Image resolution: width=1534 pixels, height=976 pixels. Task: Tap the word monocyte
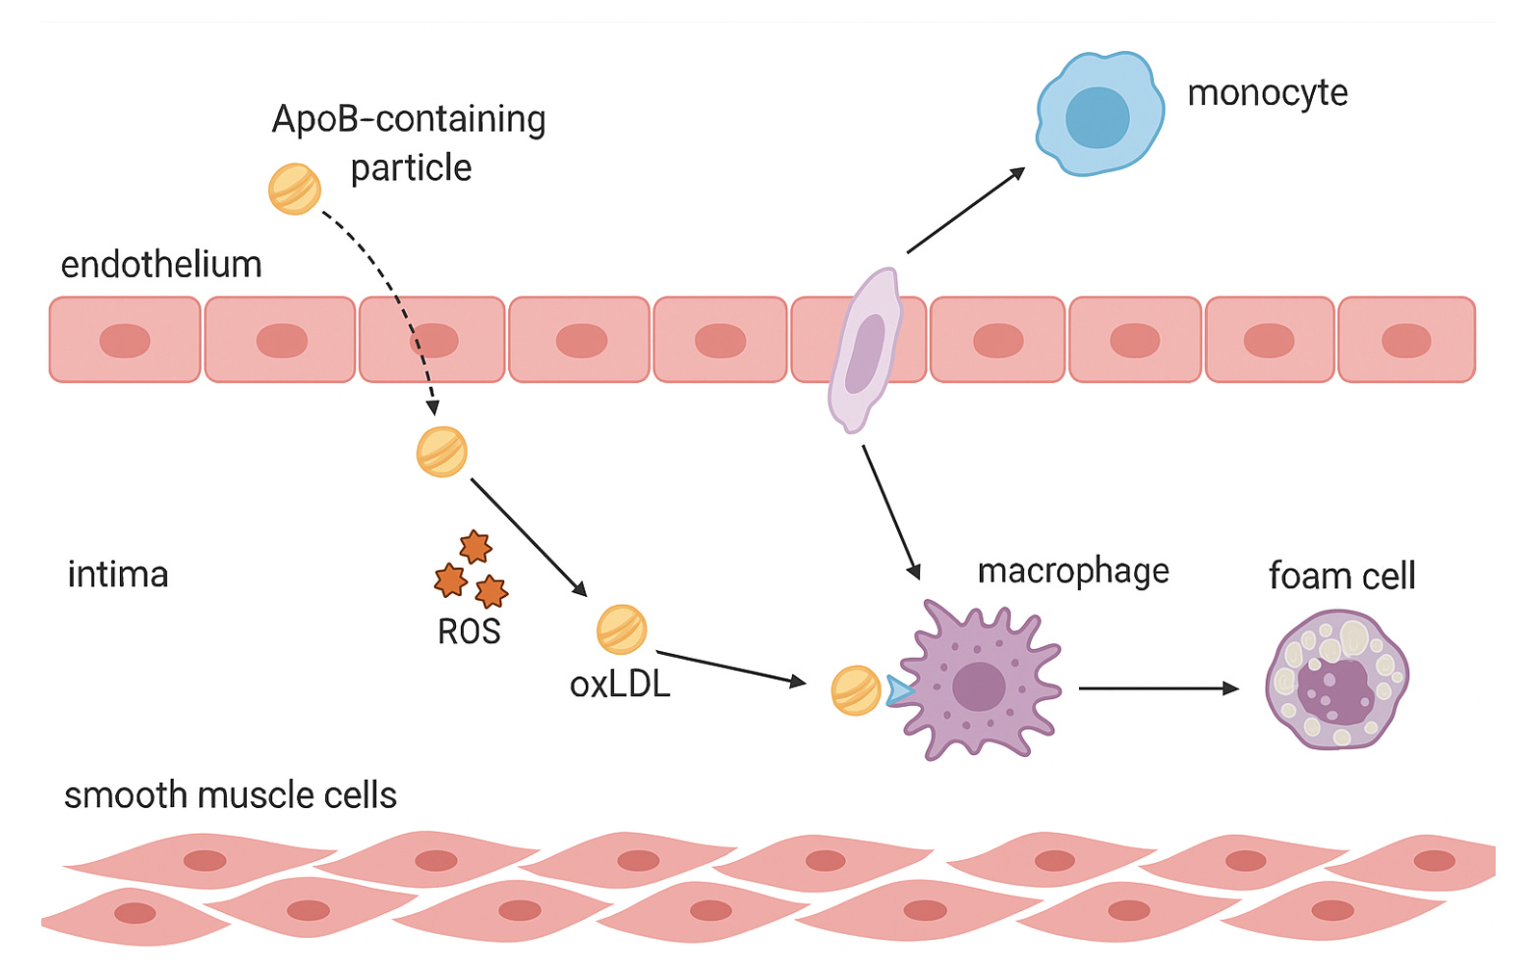pos(1267,93)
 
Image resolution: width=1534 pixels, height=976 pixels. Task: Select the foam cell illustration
pos(1336,679)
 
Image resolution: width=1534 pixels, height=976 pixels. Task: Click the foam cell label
pos(1341,575)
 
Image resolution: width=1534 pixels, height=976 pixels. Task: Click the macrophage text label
pos(1073,571)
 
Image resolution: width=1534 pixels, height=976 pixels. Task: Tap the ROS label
pos(469,631)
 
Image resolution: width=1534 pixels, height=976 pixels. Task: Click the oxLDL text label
pos(620,684)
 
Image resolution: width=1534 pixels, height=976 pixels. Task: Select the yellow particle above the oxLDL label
pos(622,629)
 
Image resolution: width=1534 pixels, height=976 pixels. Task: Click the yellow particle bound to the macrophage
pos(856,690)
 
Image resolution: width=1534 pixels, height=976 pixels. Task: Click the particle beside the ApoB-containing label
pos(295,189)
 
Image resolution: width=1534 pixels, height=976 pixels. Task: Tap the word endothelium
pos(161,265)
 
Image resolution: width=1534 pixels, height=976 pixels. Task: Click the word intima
pos(118,574)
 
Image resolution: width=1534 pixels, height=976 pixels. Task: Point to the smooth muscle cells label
pos(230,795)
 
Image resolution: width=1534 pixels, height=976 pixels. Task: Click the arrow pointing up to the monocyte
pos(965,210)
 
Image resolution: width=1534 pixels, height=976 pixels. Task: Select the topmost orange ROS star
pos(476,546)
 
